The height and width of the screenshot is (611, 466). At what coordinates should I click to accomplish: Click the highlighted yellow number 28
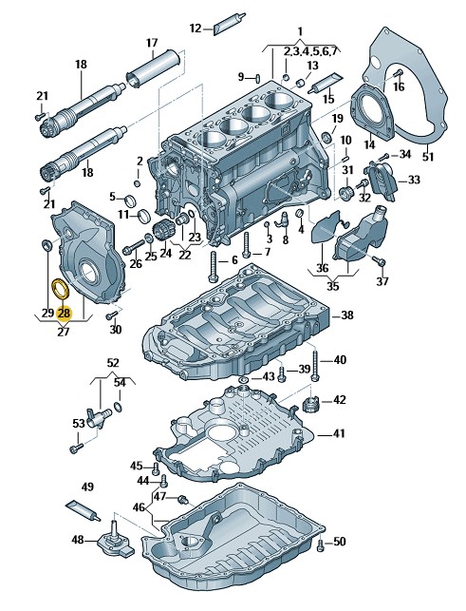point(64,313)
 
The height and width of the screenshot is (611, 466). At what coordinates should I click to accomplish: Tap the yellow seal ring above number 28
point(61,287)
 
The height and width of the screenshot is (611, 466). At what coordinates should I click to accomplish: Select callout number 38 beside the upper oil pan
point(346,315)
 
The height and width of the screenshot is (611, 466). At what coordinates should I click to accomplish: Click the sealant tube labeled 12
point(229,24)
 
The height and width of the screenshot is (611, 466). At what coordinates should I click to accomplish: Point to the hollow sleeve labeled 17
point(153,69)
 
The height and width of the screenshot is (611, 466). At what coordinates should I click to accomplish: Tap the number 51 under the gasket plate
point(428,157)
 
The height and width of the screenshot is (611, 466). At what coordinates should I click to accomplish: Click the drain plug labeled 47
point(182,499)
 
